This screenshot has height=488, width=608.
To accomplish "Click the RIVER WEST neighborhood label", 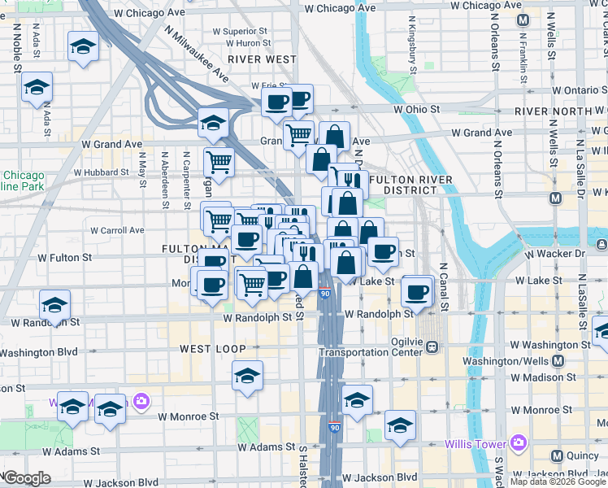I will click(x=262, y=59).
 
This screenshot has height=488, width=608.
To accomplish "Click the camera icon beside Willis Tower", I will click(x=519, y=443).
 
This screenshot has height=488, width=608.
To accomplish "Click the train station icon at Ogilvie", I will click(x=432, y=346).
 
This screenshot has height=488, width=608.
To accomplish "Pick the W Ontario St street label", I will click(x=580, y=91).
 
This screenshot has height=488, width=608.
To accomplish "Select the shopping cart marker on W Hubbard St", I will click(x=219, y=162).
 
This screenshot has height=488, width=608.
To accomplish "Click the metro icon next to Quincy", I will click(x=558, y=456).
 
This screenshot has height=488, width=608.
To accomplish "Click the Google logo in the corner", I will click(x=27, y=478).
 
